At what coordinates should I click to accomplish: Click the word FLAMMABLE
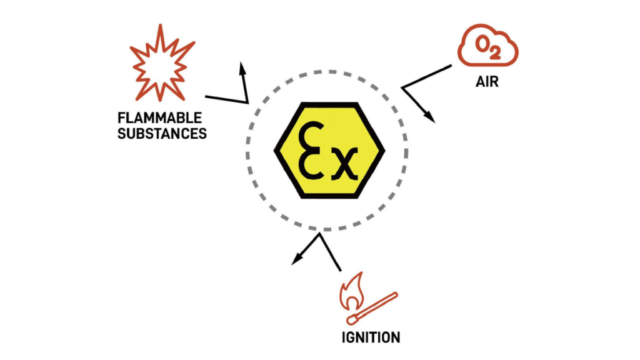point(159,118)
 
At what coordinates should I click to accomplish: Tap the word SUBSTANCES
point(162,134)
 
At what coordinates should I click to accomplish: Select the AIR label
point(487,82)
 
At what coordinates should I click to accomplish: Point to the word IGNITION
point(371,337)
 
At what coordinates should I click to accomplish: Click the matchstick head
point(352,319)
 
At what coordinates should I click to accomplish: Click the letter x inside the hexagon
point(344,164)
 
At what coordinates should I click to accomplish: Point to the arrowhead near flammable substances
point(243,69)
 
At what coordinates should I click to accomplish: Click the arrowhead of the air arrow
point(429,116)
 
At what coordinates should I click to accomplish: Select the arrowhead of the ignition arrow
point(297,259)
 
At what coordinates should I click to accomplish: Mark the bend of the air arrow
point(402,87)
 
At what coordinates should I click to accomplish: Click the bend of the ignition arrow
point(319,234)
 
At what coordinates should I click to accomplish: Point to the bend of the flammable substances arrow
point(247,102)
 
